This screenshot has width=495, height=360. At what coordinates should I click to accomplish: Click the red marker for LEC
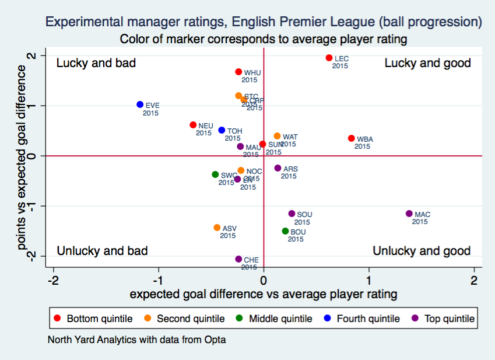point(329,58)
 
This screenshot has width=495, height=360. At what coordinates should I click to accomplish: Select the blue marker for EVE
point(140,104)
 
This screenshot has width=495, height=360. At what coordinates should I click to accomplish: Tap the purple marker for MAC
point(409,214)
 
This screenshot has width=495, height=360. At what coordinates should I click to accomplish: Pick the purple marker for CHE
point(238,259)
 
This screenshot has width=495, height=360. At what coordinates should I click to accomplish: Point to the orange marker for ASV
point(217,228)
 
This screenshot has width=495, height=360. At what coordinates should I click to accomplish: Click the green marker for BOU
point(285,231)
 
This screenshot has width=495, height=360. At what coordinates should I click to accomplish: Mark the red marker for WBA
point(351,138)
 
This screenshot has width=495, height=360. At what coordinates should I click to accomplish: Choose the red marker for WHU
point(238,72)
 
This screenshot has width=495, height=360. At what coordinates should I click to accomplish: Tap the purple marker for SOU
point(292,214)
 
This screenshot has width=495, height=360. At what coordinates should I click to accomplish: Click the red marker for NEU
point(193,125)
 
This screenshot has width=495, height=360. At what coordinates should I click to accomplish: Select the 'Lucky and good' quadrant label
point(427,63)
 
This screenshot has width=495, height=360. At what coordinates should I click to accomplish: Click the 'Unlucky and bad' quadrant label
point(102,251)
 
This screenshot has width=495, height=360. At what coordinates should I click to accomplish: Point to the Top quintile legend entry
point(444,319)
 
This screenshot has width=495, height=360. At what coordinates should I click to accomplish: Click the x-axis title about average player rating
point(264,293)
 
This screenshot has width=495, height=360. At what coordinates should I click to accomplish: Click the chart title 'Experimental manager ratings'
point(264,22)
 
